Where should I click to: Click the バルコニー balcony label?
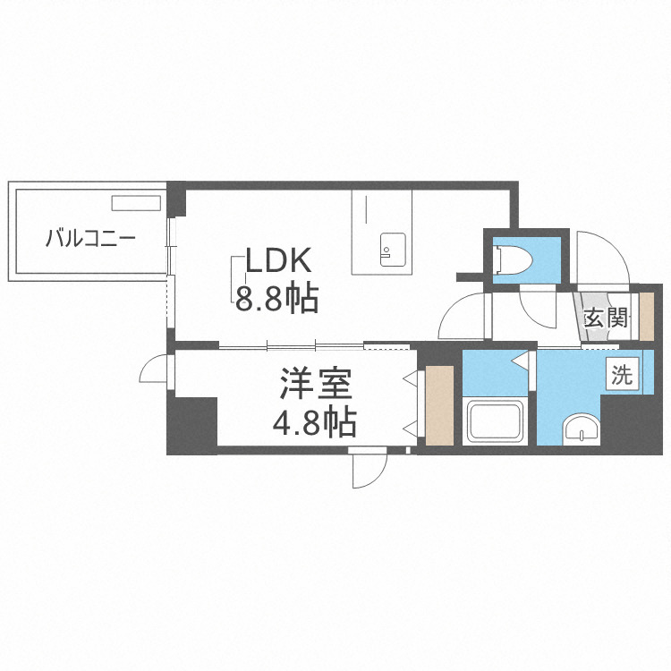pos(89,239)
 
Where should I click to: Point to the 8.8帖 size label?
pos(276,299)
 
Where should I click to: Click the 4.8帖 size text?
pos(314,420)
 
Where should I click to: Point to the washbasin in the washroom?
pos(582,429)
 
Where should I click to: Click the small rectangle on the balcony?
pos(134,202)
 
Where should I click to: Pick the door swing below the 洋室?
pos(369,468)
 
